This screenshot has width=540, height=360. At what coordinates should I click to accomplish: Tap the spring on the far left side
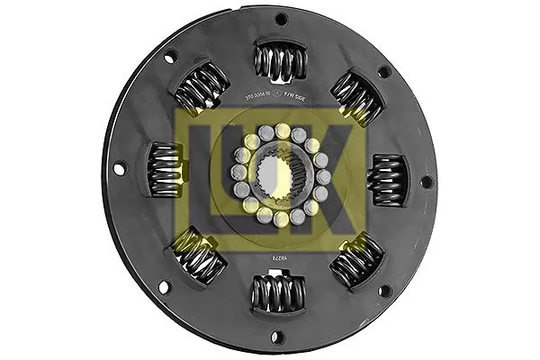(x=165, y=170)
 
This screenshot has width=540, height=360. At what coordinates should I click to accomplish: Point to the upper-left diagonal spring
(x=200, y=89)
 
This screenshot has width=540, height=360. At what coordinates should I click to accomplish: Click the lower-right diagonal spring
(x=357, y=259)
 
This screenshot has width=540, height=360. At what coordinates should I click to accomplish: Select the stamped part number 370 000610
(x=265, y=95)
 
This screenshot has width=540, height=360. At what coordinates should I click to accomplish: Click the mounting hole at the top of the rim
(x=281, y=18)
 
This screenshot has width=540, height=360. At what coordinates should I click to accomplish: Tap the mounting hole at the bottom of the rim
(x=276, y=338)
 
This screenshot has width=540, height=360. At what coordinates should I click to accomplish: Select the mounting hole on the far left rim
(x=119, y=166)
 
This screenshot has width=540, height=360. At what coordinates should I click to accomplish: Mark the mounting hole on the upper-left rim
(x=172, y=56)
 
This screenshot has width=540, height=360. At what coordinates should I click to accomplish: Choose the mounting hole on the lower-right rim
(x=385, y=290)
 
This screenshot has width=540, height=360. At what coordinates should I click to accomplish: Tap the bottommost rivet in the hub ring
(x=280, y=219)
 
